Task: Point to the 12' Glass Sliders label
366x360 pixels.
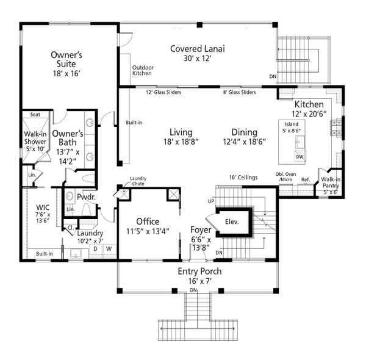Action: (x=166, y=93)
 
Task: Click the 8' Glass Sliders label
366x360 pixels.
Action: (x=239, y=93)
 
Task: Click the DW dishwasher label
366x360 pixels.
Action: (x=300, y=157)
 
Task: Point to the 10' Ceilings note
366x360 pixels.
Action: (x=243, y=178)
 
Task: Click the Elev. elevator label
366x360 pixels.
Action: (x=231, y=222)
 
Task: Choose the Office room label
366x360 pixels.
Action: (x=148, y=226)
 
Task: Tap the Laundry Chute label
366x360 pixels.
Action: (x=138, y=181)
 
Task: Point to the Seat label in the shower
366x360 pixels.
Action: (x=35, y=114)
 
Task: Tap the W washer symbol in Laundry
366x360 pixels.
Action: (x=109, y=248)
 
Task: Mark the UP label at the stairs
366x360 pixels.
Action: (x=211, y=201)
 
